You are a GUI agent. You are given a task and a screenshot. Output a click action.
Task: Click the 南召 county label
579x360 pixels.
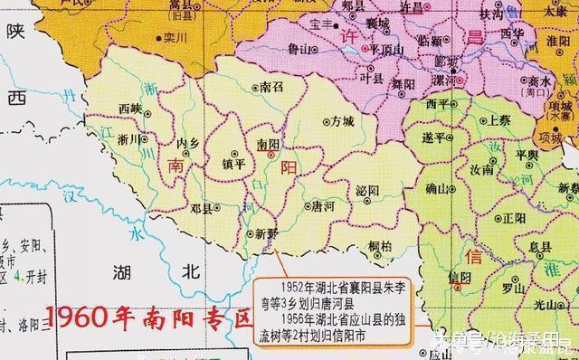point(271,88)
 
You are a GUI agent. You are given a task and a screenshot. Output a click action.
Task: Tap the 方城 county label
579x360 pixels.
point(342,120)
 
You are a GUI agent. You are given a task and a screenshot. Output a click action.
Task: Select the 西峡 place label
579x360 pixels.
point(130,109)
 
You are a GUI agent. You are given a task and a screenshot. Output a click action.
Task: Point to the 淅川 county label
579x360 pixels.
point(128,139)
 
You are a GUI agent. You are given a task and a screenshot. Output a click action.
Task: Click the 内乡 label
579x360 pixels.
point(187,142)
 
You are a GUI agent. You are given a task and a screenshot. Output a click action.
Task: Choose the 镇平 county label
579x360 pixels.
point(233,164)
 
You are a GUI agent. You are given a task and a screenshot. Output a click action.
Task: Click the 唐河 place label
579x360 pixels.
point(322,205)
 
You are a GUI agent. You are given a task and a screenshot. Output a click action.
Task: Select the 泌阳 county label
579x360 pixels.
point(367,191)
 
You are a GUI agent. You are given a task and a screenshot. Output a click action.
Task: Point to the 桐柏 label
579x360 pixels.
point(380,245)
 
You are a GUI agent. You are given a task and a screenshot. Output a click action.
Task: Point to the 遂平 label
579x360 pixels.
point(434,137)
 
